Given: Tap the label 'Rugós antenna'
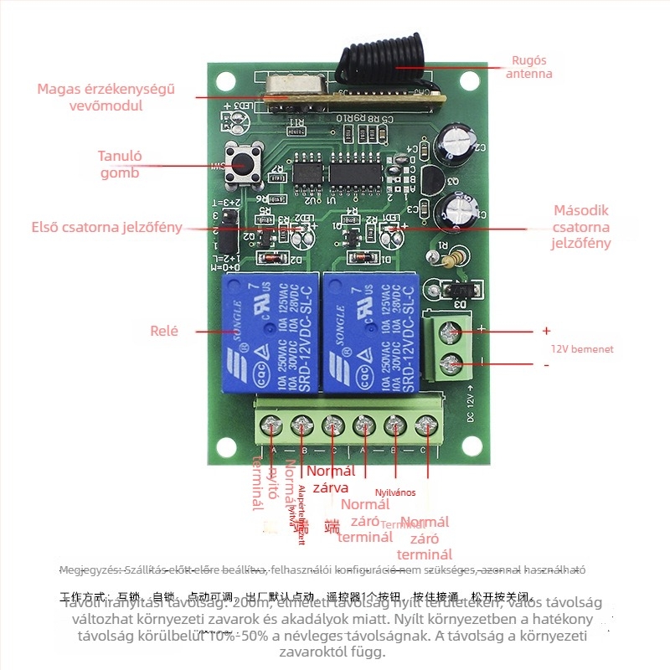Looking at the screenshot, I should click(529, 67).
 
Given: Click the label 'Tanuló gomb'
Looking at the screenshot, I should click(120, 164).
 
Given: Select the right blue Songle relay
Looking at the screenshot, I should click(370, 333).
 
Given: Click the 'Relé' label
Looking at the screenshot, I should click(164, 331).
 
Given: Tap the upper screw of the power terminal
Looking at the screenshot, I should click(452, 333).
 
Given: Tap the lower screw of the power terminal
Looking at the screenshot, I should click(452, 365).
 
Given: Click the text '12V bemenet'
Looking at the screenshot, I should click(581, 349).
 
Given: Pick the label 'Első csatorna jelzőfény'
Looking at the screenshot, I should click(106, 227).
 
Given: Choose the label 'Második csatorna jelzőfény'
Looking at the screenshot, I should click(581, 227).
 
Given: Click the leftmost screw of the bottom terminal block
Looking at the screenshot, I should click(273, 428).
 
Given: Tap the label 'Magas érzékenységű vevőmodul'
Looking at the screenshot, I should click(106, 97).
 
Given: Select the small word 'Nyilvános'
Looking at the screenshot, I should click(395, 492).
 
